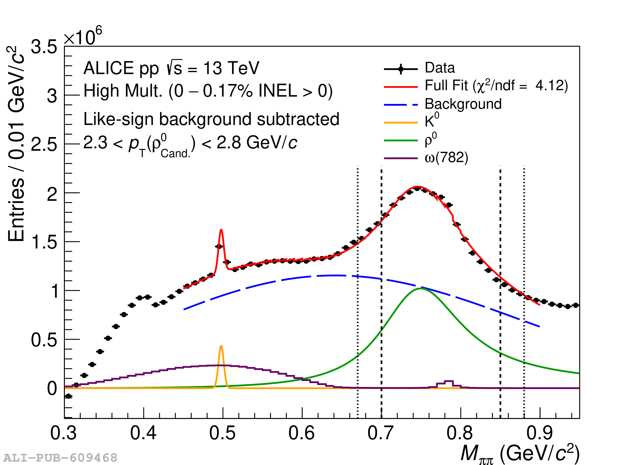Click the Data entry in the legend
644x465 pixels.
439,68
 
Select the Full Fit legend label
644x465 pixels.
496,86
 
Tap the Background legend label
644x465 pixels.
463,104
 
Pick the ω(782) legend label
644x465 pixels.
446,158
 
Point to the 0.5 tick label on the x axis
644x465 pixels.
222,433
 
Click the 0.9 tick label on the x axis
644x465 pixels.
539,433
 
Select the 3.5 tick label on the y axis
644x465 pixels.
44,47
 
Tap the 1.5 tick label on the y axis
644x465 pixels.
44,242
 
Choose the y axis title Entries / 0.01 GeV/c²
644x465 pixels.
16,144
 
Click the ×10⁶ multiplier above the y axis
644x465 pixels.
83,36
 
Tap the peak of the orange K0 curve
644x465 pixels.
221,346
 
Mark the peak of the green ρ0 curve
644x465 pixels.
420,288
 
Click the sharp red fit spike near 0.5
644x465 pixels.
221,230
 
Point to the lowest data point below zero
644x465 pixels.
68,396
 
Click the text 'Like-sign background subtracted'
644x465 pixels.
211,119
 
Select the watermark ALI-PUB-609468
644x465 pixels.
60,458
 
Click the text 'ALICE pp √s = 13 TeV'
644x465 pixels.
171,68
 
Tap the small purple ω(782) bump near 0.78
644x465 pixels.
448,382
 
